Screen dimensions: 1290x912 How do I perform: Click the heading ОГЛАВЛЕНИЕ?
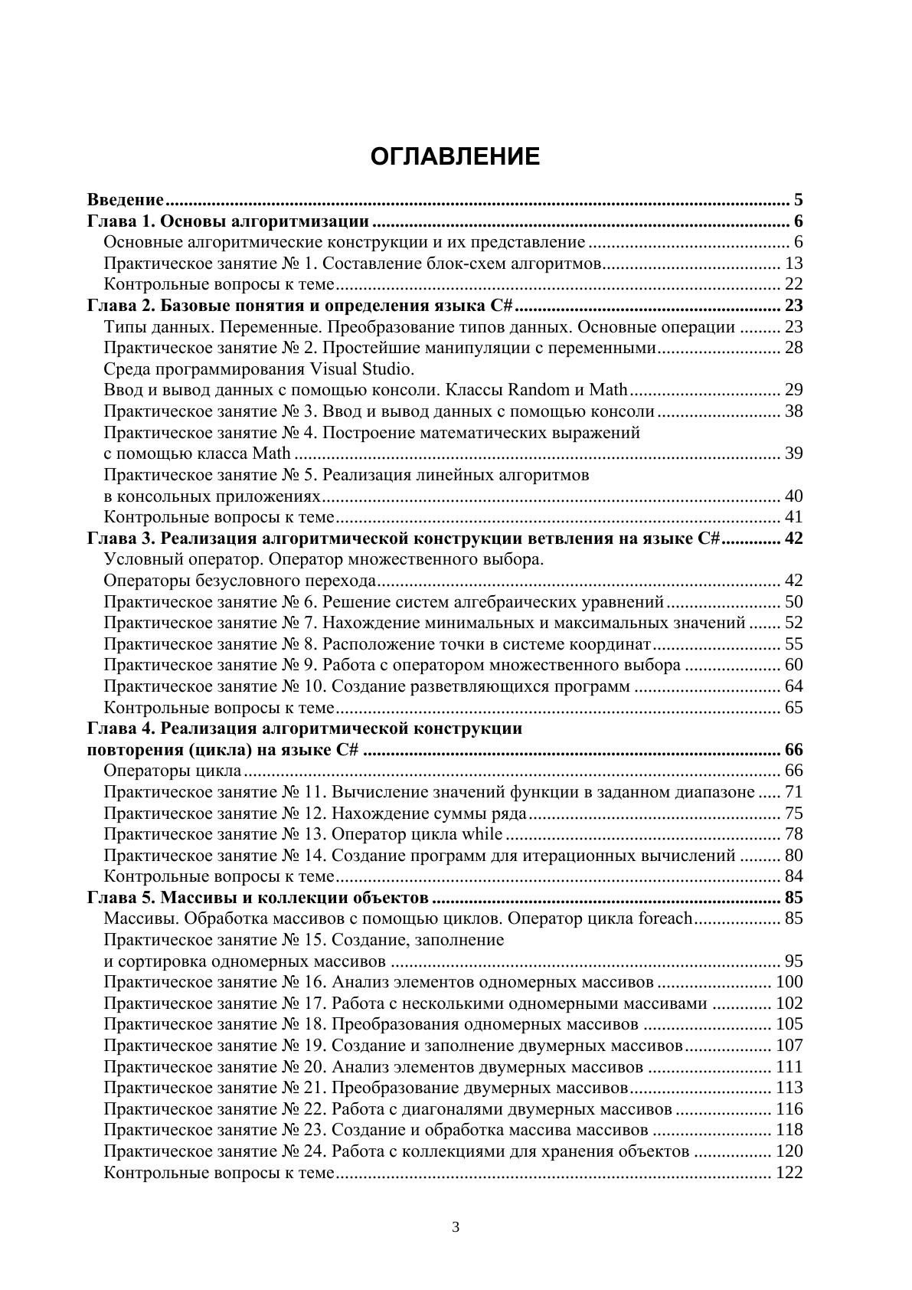455,157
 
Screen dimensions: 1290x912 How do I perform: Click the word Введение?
126,201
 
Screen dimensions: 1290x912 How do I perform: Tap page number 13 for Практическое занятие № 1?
793,264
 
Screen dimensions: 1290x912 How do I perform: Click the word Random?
536,390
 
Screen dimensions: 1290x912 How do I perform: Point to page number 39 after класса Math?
793,453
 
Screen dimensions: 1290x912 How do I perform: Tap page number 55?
793,643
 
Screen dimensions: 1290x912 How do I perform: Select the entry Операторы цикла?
172,771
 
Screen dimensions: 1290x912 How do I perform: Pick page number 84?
793,876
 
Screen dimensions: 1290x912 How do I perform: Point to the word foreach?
665,918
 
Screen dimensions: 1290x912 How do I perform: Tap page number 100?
789,982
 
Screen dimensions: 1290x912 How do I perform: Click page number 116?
789,1109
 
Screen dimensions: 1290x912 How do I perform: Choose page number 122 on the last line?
789,1173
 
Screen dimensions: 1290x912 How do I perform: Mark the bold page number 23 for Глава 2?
793,306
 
